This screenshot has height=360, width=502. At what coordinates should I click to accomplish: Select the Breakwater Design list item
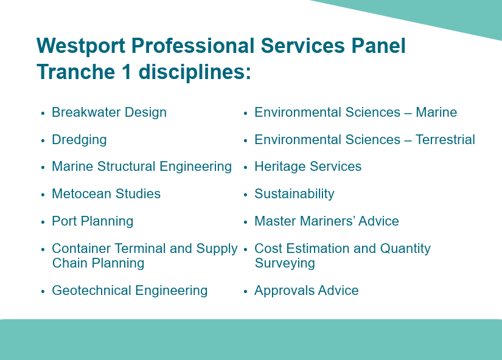tap(109, 112)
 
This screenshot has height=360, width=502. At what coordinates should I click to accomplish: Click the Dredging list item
tap(79, 140)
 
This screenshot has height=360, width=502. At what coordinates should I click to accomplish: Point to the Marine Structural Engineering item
tap(142, 167)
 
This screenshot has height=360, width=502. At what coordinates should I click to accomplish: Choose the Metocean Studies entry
tap(106, 194)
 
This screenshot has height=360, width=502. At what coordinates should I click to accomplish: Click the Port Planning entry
tap(92, 221)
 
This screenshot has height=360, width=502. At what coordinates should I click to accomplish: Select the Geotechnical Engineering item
tap(130, 291)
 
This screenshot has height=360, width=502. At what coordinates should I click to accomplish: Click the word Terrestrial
tap(445, 140)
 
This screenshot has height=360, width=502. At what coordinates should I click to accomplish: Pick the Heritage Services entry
tap(308, 167)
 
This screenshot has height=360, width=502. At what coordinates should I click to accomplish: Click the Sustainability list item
tap(295, 194)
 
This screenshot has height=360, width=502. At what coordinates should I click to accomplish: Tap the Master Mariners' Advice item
tap(327, 221)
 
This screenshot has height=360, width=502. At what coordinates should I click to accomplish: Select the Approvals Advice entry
tap(307, 291)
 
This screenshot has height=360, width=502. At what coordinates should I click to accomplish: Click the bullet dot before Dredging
tap(43, 141)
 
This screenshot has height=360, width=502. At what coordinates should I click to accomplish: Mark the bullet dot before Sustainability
tap(245, 195)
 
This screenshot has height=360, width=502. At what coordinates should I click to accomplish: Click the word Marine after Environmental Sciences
tap(436, 112)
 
